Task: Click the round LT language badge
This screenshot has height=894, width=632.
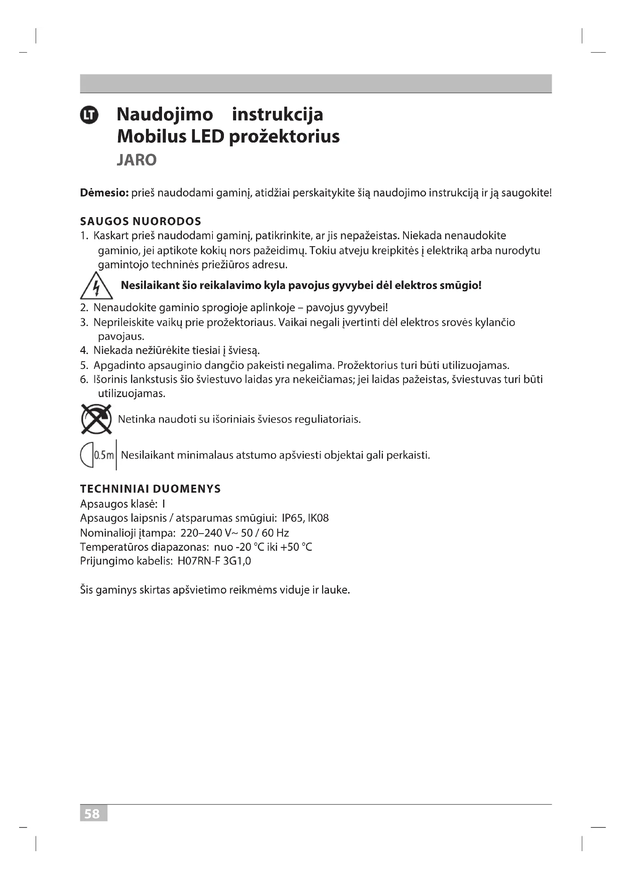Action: (89, 115)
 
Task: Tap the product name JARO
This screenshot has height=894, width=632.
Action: (136, 160)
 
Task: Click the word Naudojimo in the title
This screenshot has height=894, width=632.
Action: (165, 115)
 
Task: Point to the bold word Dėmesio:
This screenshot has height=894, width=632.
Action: (104, 193)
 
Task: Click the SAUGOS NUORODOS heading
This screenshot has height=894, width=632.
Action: (141, 222)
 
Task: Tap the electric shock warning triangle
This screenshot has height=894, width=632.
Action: (96, 287)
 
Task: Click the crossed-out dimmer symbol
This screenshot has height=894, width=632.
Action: (96, 419)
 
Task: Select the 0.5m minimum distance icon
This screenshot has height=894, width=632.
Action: (98, 455)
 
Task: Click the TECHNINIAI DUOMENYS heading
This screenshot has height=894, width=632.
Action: (150, 489)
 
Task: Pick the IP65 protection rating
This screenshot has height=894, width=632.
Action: (293, 518)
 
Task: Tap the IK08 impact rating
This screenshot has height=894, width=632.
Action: (318, 518)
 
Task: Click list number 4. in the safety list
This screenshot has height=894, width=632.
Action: (84, 351)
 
